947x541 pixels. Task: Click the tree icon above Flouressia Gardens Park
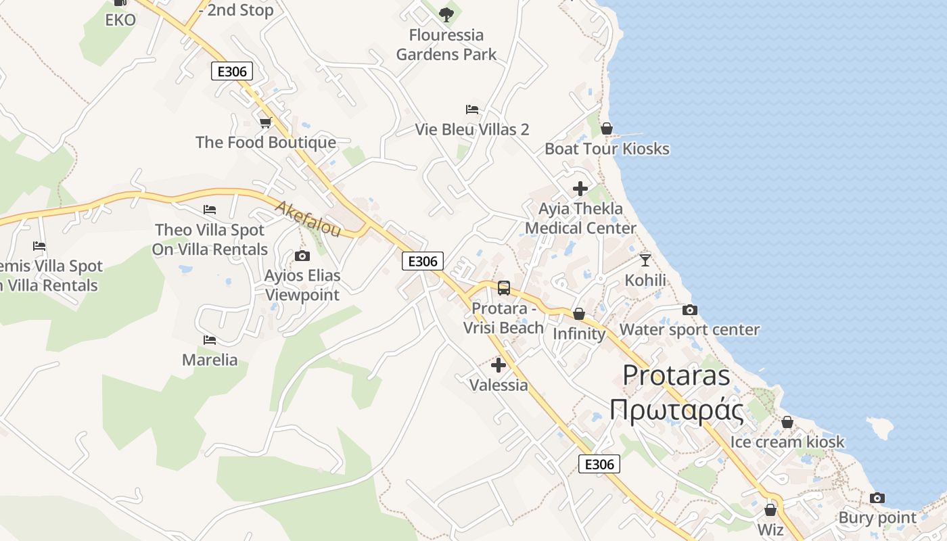[x=446, y=14]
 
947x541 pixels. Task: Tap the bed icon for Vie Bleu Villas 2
[x=472, y=109]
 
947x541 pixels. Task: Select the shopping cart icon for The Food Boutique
[x=265, y=122]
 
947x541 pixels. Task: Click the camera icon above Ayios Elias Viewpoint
[x=302, y=256]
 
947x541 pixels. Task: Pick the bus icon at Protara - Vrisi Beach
[x=504, y=288]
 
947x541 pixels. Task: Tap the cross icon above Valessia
[x=499, y=365]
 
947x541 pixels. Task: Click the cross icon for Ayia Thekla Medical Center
[x=580, y=189]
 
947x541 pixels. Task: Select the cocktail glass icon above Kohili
[x=645, y=260]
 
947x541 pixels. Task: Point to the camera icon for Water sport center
[x=690, y=310]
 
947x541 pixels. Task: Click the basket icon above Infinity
[x=579, y=314]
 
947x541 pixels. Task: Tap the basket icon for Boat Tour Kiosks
[x=607, y=128]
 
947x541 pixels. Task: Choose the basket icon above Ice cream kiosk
[x=787, y=422]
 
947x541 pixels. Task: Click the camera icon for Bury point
[x=877, y=498]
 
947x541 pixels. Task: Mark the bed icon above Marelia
[x=210, y=339]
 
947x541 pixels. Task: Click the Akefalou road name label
[x=308, y=218]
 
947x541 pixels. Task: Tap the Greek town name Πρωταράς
[x=676, y=410]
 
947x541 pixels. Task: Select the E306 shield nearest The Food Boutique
[x=232, y=71]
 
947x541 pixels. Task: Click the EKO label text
[x=120, y=20]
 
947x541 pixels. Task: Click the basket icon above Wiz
[x=770, y=510]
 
